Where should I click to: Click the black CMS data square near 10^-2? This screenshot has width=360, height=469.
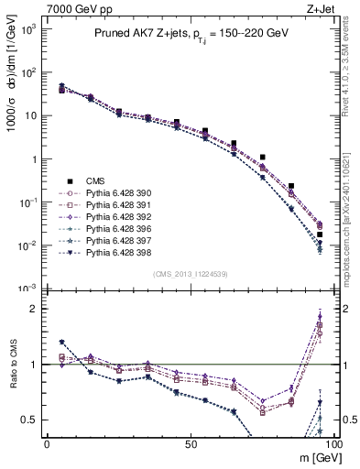[320, 234]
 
